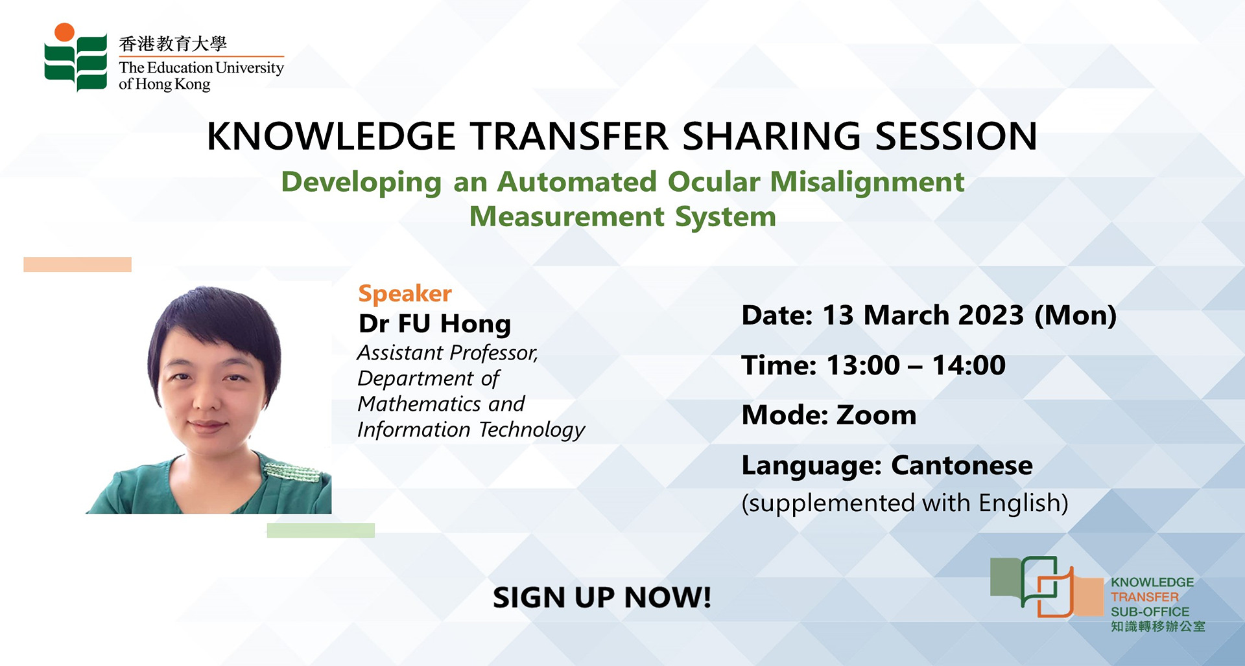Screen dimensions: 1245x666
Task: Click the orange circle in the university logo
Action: [x=64, y=32]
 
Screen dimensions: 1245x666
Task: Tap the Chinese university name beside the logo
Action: [x=173, y=43]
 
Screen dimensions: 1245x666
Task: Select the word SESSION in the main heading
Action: [x=956, y=136]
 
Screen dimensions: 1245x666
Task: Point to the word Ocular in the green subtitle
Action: [x=714, y=181]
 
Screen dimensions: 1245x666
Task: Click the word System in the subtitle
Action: [x=726, y=217]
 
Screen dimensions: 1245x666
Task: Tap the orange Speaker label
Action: [x=405, y=293]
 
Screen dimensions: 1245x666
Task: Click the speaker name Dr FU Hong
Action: [x=435, y=324]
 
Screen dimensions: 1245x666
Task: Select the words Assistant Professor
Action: [x=447, y=352]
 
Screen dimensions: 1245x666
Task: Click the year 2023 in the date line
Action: [x=991, y=315]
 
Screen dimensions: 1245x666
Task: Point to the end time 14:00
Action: [x=969, y=365]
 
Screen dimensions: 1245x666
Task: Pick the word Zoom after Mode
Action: [x=877, y=415]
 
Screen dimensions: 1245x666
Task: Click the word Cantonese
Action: [x=962, y=465]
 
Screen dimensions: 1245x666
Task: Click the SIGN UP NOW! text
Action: [x=602, y=597]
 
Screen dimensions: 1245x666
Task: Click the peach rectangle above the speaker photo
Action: [x=78, y=264]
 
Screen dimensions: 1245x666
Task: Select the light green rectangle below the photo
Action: [x=321, y=530]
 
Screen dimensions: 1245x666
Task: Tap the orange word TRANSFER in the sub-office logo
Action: [x=1144, y=597]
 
